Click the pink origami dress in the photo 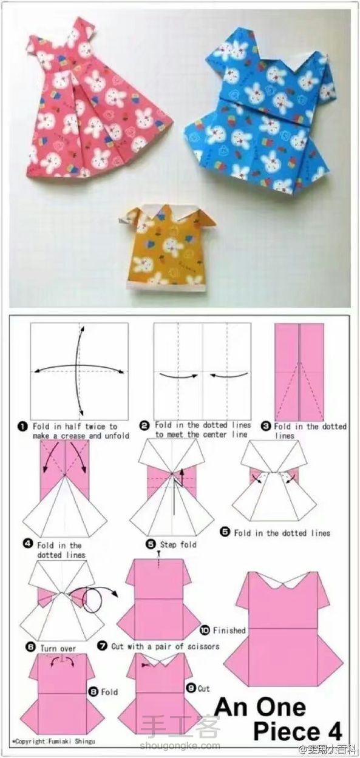(x=98, y=101)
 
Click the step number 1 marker (x=22, y=427)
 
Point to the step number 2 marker (x=145, y=426)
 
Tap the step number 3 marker (x=267, y=427)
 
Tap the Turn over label (x=58, y=648)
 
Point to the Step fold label (x=178, y=544)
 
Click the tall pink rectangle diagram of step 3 (x=299, y=371)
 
